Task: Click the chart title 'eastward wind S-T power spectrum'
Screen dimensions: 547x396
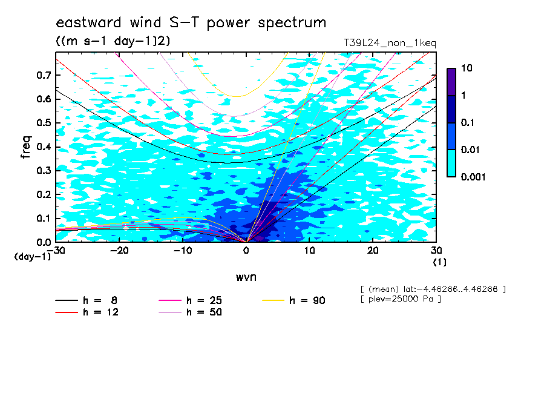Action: [191, 22]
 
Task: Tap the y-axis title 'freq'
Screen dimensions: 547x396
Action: [26, 147]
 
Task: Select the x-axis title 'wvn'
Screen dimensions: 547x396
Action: [246, 277]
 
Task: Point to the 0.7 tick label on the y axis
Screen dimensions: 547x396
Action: [44, 75]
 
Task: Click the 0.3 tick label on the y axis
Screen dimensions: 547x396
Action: [44, 170]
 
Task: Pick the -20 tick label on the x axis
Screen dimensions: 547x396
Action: [119, 251]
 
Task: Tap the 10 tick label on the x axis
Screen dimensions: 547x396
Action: [309, 251]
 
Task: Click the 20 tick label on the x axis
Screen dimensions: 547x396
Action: [373, 251]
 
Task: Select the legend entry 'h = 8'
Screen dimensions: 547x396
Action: [86, 300]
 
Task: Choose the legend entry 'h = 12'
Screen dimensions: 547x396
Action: [87, 312]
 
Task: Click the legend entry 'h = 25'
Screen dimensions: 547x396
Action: [190, 300]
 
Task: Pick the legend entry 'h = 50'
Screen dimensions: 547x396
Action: [190, 312]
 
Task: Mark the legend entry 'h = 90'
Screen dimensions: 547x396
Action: [293, 300]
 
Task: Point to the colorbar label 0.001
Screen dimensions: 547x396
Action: [473, 177]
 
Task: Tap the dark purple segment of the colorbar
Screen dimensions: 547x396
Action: [451, 82]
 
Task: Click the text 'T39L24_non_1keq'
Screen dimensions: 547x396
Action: [390, 44]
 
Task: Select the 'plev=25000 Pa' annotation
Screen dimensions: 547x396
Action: [401, 299]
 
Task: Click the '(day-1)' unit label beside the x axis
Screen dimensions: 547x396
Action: [33, 257]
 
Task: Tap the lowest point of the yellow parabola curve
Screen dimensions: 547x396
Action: [237, 96]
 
